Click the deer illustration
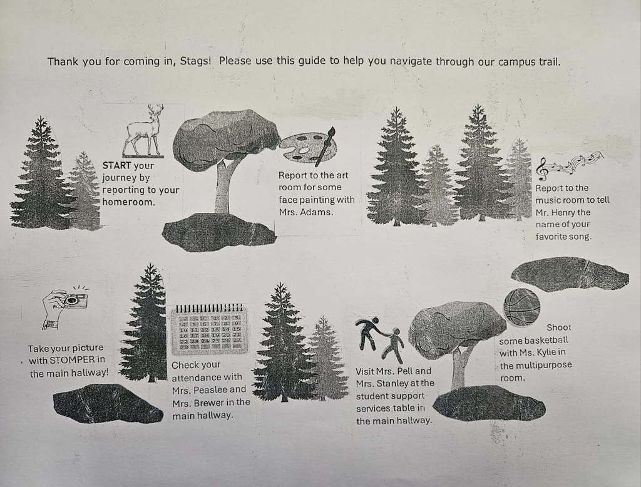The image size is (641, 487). coord(144,130)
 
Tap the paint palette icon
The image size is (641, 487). coord(307,147)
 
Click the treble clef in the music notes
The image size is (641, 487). coord(542,169)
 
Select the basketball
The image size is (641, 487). coord(521,307)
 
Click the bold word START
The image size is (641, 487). coord(116,166)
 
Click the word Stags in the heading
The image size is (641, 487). coord(195,62)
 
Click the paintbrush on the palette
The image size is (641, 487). coord(326,146)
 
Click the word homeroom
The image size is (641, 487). coord(128,202)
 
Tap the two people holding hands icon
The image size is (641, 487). coord(379,340)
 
